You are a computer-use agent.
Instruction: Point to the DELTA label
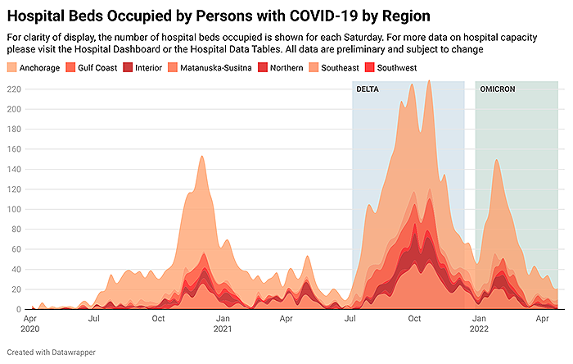point(368,89)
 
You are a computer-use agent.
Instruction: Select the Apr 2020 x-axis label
point(29,322)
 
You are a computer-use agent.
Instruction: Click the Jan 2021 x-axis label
point(222,322)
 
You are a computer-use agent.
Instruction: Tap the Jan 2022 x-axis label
point(480,322)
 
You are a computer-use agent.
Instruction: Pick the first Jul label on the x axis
point(94,317)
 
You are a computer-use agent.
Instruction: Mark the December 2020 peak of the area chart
point(201,156)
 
